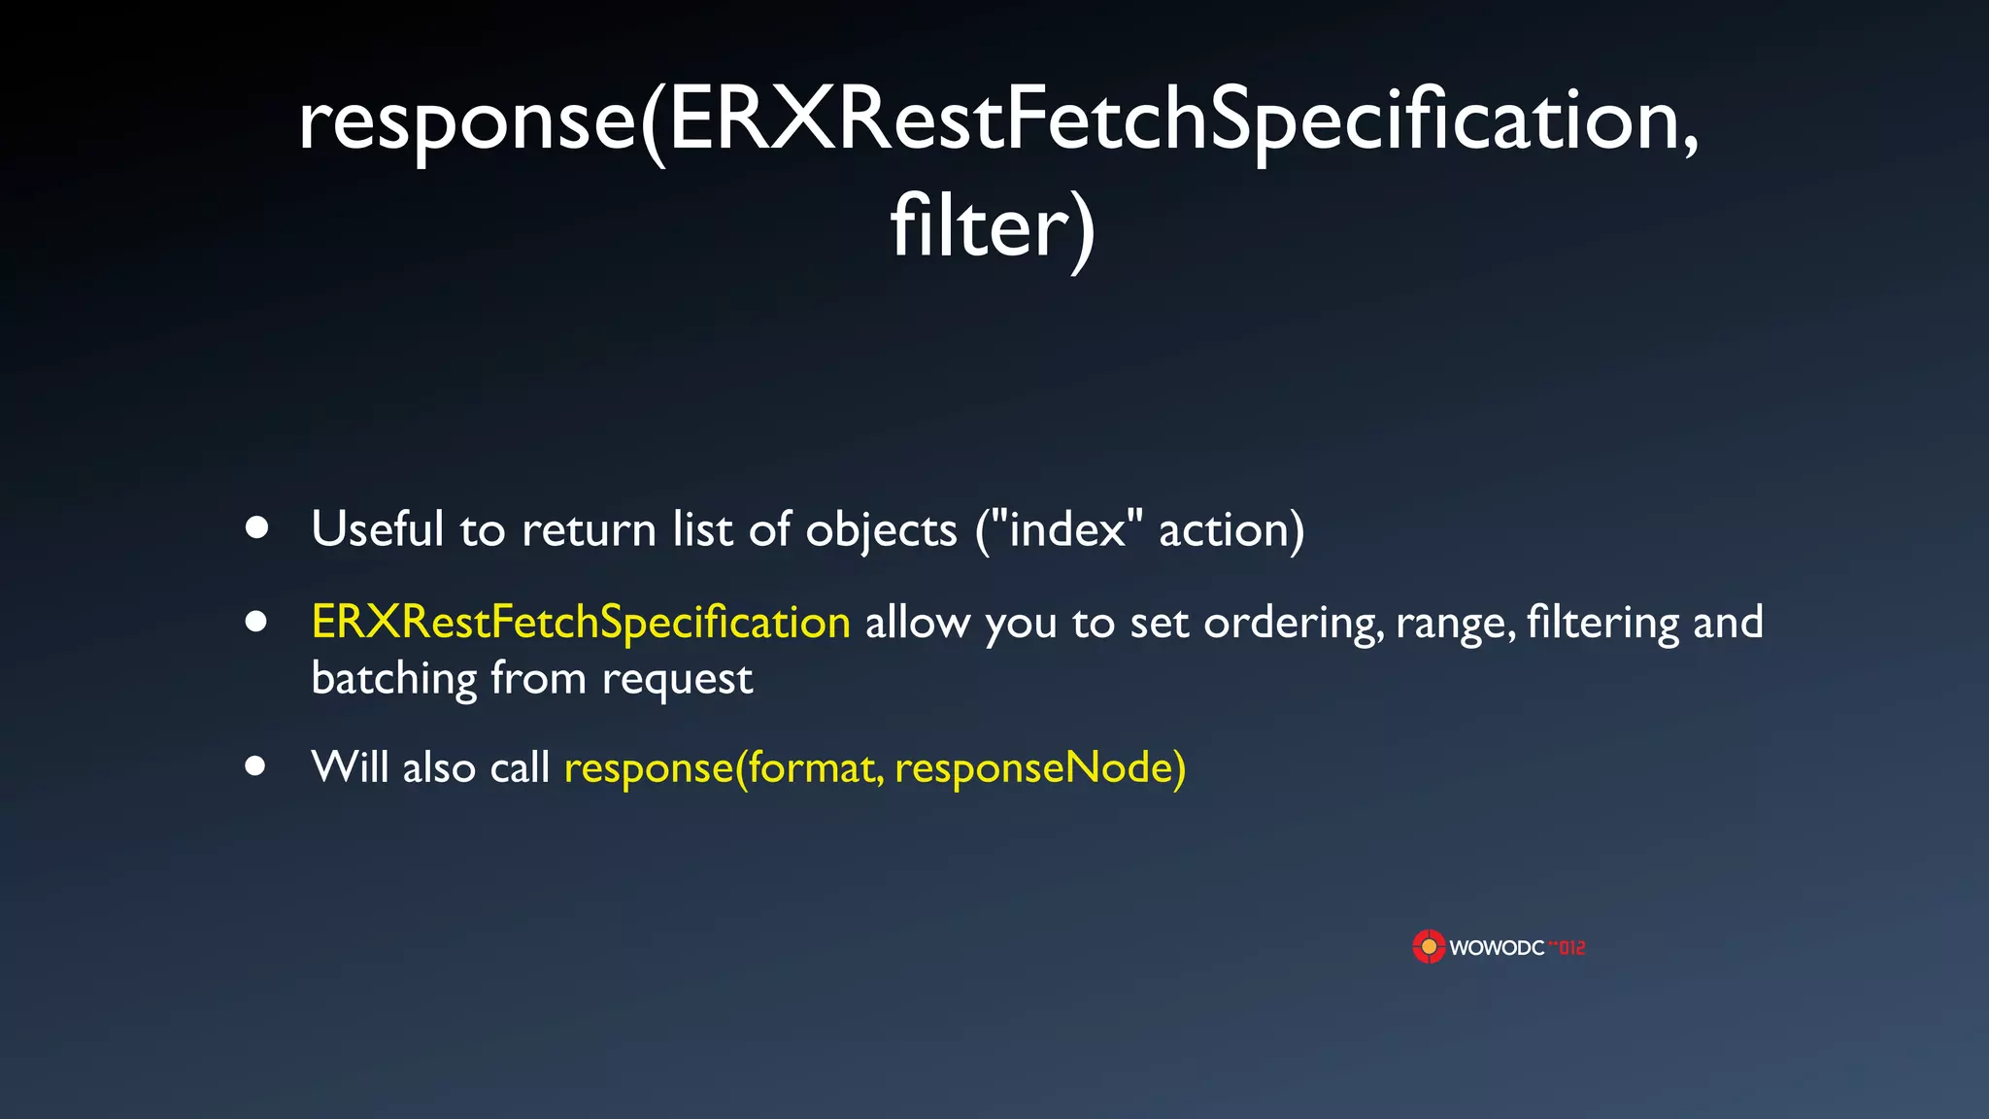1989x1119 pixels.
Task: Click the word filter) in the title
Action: click(993, 227)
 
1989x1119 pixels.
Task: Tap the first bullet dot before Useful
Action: click(256, 527)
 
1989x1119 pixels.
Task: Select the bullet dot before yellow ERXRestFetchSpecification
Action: click(256, 622)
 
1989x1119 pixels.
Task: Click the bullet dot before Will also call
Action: click(255, 766)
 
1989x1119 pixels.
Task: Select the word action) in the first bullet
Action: click(1231, 531)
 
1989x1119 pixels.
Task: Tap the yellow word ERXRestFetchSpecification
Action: click(581, 622)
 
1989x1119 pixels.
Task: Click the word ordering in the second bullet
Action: click(1293, 624)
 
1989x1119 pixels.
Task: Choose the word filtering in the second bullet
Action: click(1602, 624)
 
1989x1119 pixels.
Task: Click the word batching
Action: click(393, 678)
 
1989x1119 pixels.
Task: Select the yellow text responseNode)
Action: click(1040, 768)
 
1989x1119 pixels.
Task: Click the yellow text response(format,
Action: click(724, 768)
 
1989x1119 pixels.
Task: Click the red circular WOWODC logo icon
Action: click(1429, 947)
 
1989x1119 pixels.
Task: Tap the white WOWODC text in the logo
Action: click(1496, 948)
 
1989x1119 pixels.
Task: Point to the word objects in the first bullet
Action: click(881, 531)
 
